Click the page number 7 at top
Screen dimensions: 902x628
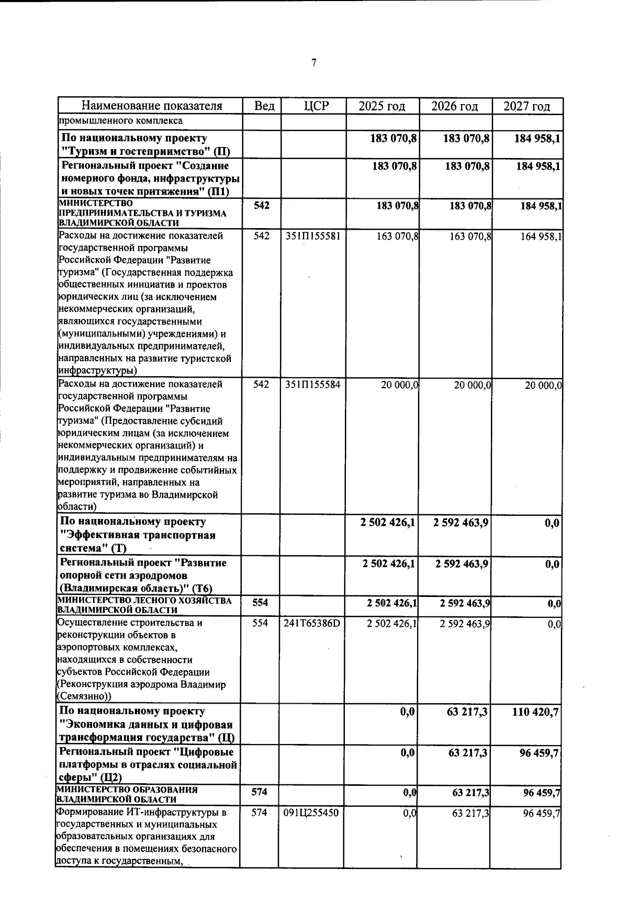click(313, 63)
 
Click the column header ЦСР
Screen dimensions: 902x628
click(316, 106)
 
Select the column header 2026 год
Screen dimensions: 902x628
click(454, 106)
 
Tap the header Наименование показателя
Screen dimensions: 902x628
click(152, 106)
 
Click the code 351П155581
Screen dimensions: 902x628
click(313, 236)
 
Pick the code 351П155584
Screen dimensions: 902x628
click(313, 385)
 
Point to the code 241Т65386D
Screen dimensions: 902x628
click(312, 623)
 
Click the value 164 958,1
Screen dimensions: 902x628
click(541, 236)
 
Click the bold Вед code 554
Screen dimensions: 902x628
click(260, 603)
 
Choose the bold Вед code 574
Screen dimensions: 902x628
click(260, 792)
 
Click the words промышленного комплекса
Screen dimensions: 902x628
click(120, 121)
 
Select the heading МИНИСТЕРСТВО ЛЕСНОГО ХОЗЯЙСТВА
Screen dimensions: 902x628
click(144, 601)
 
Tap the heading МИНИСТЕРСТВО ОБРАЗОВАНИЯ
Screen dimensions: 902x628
click(127, 790)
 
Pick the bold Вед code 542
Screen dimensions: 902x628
click(261, 206)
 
